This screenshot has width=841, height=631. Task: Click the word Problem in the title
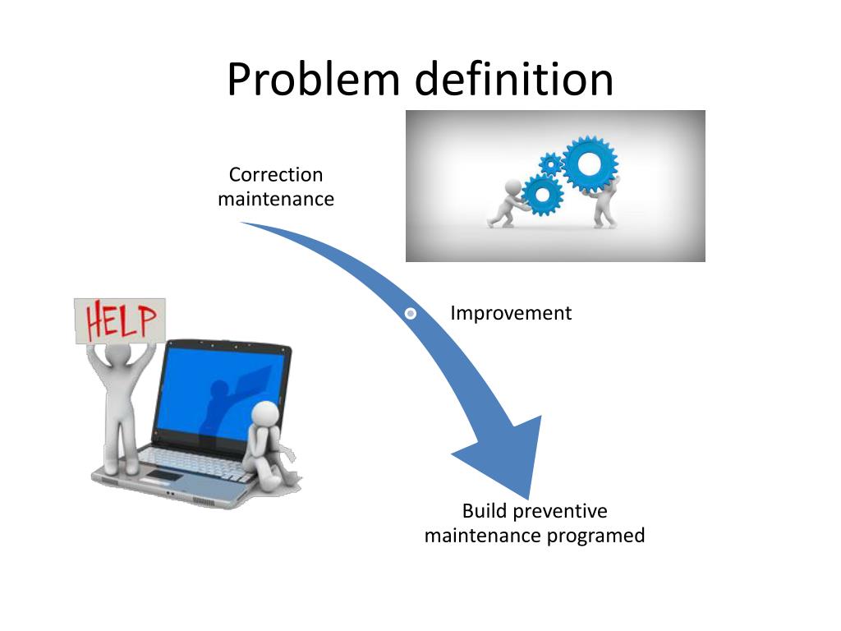point(314,81)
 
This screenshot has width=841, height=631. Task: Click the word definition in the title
point(514,81)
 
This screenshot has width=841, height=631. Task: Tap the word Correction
point(276,174)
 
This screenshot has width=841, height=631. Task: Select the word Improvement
point(511,313)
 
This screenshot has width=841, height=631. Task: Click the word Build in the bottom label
point(485,511)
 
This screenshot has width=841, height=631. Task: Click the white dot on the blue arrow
point(411,313)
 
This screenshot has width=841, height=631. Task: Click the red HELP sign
point(120,320)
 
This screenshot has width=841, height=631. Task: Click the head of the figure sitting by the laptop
point(266,414)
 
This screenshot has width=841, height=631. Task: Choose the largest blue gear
point(590,164)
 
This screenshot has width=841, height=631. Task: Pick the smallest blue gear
point(549,164)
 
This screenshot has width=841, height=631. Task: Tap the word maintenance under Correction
point(276,199)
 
